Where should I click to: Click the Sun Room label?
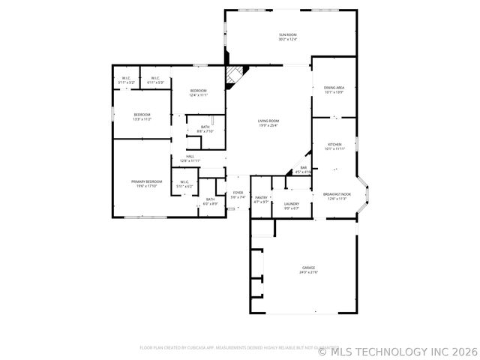(x=288, y=34)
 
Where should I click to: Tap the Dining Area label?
(x=334, y=88)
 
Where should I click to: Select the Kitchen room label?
(x=334, y=145)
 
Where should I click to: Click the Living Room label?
(x=268, y=121)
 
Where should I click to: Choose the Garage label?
(x=308, y=267)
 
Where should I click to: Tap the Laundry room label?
(x=292, y=203)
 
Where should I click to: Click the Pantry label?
(x=261, y=198)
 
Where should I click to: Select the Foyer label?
(x=238, y=193)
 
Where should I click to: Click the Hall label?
(x=190, y=156)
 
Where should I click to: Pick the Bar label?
(x=304, y=167)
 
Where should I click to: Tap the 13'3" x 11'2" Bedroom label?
(x=142, y=115)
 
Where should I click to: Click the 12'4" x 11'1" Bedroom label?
(x=198, y=91)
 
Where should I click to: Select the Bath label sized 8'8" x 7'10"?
(x=205, y=127)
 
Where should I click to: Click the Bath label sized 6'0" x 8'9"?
(x=211, y=199)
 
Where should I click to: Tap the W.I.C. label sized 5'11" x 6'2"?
(x=184, y=181)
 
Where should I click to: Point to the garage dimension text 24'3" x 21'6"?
(x=308, y=272)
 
